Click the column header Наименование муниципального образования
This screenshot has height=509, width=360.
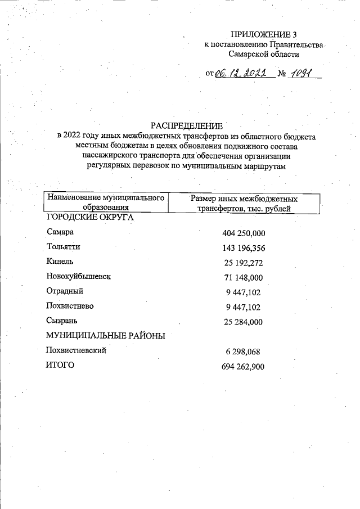tap(106, 204)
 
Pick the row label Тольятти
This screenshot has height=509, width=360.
tap(64, 247)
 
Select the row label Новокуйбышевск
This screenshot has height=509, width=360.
tap(79, 277)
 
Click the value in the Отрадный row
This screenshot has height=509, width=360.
tap(244, 292)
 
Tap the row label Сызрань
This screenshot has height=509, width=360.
tap(62, 321)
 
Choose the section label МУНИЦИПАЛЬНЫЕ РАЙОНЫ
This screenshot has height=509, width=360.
tap(105, 336)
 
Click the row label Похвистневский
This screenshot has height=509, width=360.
tap(76, 350)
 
